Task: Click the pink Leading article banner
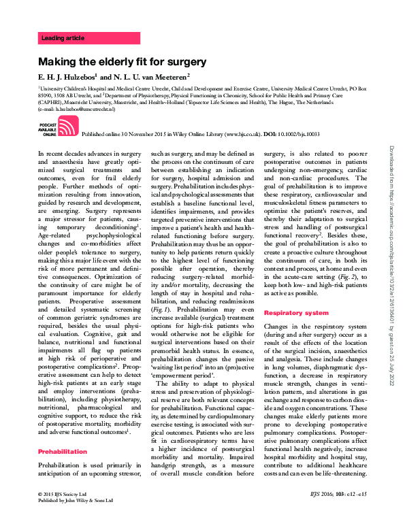88,38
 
